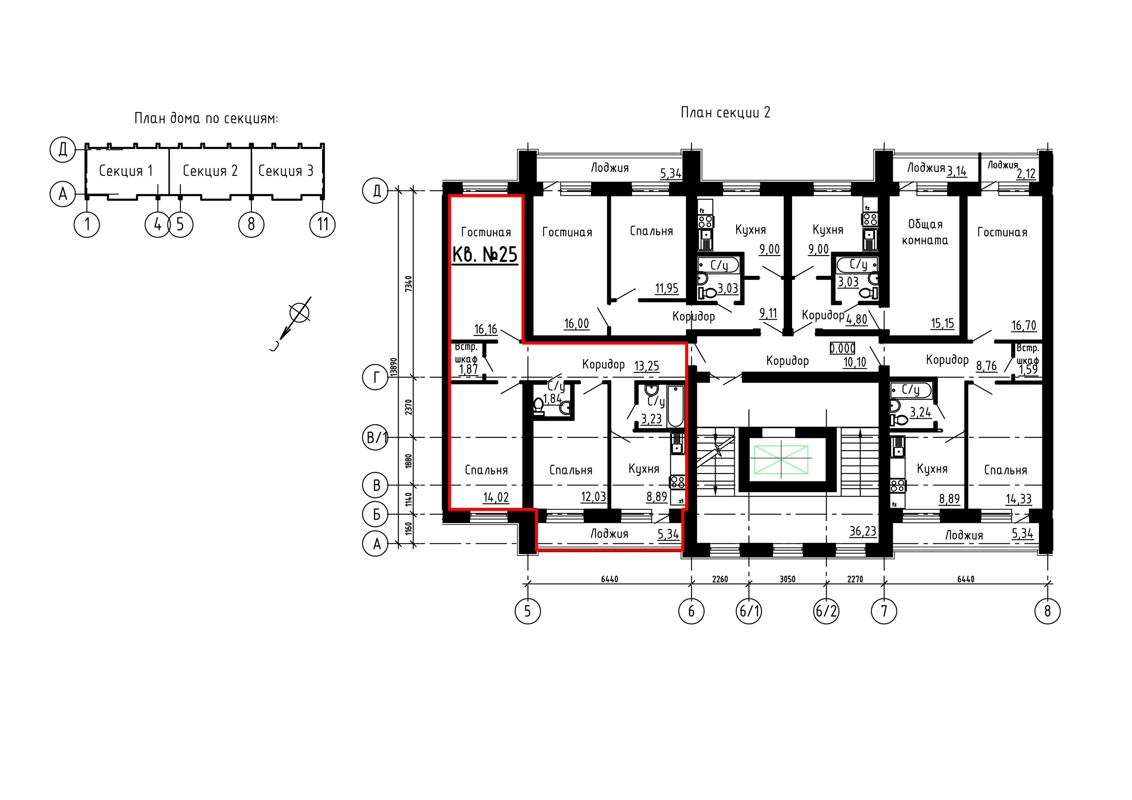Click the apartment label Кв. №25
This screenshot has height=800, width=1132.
[484, 255]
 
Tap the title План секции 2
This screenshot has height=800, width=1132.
[725, 112]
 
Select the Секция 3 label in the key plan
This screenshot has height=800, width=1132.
[286, 171]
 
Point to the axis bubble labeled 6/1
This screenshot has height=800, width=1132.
[749, 611]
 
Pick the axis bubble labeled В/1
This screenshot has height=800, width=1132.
[376, 438]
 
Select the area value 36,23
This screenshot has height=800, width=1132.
[863, 531]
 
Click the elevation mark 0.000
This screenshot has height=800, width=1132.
[843, 348]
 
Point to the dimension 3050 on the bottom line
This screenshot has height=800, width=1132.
[787, 579]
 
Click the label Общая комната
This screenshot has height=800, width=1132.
[925, 232]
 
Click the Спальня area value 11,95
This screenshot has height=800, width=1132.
[667, 288]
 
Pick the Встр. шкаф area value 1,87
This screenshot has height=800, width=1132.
[468, 369]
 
